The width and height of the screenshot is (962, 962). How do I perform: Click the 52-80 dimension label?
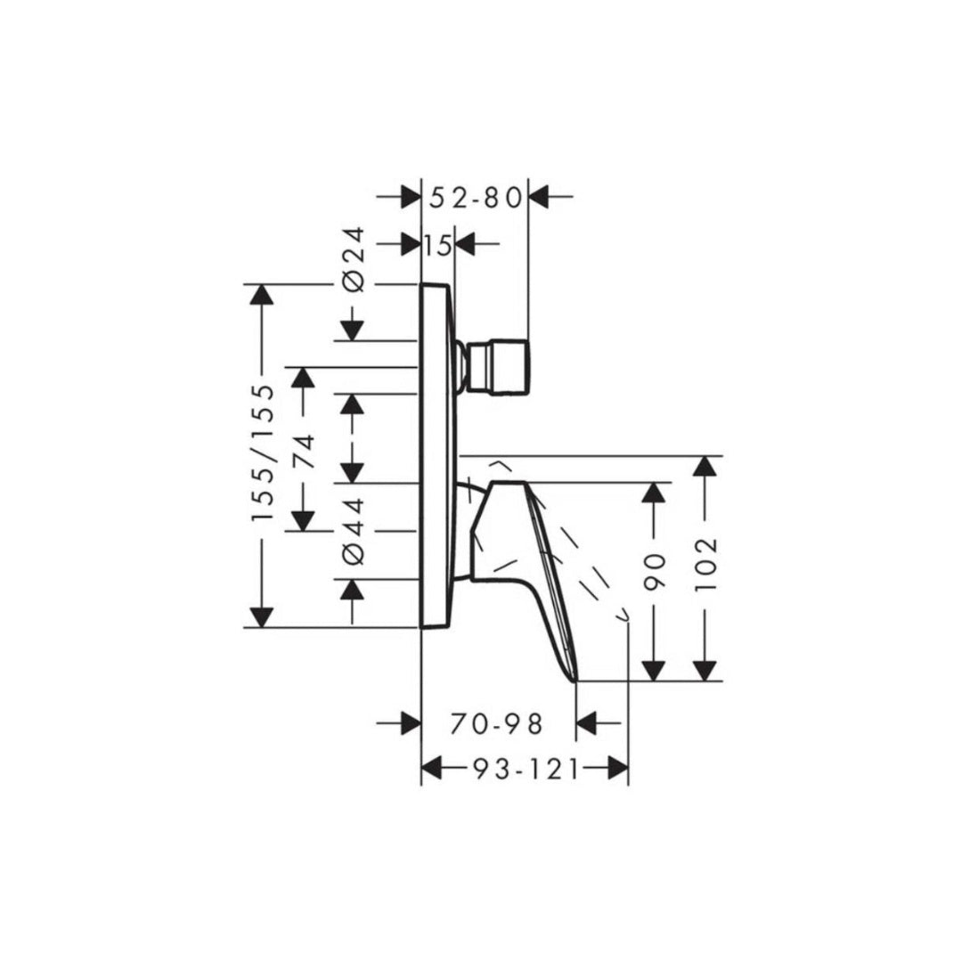(474, 199)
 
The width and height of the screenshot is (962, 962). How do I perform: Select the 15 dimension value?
(437, 245)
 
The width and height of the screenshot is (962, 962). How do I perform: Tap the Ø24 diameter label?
(354, 257)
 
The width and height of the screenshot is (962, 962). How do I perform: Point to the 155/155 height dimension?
(264, 454)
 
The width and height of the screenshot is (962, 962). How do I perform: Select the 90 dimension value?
(656, 573)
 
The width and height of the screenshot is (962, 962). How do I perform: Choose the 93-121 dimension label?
(524, 768)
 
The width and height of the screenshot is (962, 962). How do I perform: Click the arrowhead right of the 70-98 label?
(588, 724)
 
